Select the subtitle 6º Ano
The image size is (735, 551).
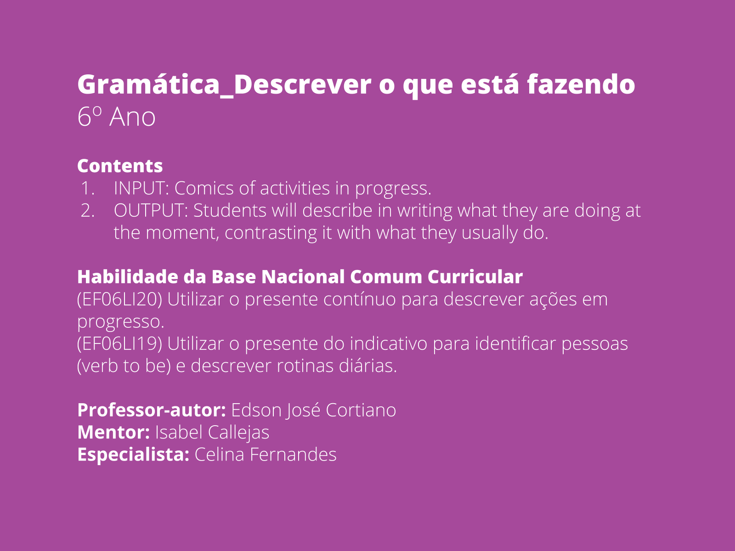pyautogui.click(x=116, y=117)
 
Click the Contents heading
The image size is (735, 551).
pyautogui.click(x=120, y=166)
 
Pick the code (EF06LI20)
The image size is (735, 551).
pyautogui.click(x=119, y=299)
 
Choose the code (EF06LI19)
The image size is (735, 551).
pyautogui.click(x=119, y=344)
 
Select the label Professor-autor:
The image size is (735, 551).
pyautogui.click(x=151, y=410)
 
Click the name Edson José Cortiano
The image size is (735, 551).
pyautogui.click(x=313, y=410)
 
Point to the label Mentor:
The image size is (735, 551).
pyautogui.click(x=113, y=433)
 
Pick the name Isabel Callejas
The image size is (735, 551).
pyautogui.click(x=212, y=433)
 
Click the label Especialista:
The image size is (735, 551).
pyautogui.click(x=133, y=455)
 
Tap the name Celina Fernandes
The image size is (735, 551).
pyautogui.click(x=266, y=455)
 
